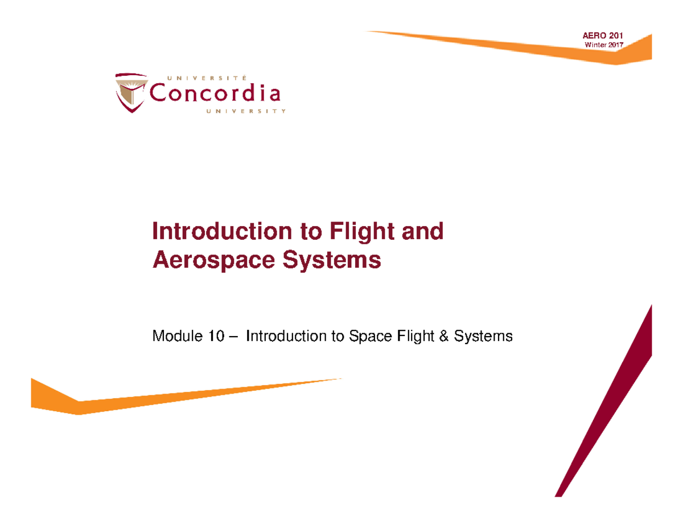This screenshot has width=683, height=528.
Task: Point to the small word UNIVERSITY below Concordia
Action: click(x=244, y=111)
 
